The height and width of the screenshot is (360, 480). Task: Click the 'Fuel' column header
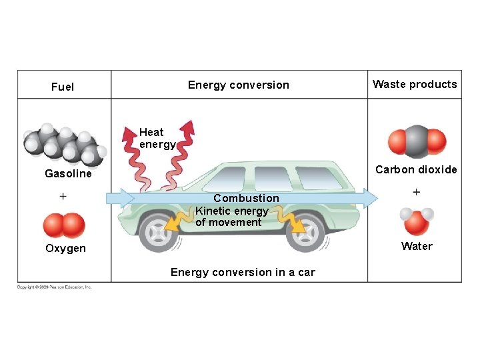click(63, 87)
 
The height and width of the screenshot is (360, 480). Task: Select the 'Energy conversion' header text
click(239, 85)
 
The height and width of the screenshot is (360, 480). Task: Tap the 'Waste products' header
click(415, 84)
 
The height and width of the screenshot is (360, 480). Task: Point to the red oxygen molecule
click(64, 225)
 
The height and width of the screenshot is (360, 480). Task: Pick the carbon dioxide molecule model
click(417, 141)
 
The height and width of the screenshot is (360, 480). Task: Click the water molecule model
click(417, 221)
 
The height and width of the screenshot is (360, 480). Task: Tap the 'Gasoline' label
click(68, 173)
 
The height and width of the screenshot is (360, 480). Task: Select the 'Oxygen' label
click(65, 248)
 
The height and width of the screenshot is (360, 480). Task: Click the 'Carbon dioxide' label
click(416, 169)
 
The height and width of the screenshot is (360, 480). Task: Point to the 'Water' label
click(417, 246)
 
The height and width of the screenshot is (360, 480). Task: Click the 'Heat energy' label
click(157, 138)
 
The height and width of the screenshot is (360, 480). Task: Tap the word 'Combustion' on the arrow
click(246, 198)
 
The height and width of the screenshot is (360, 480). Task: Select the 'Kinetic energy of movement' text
click(231, 217)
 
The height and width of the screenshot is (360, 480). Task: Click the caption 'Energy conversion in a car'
click(243, 272)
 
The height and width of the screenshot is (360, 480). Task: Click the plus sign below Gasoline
click(63, 196)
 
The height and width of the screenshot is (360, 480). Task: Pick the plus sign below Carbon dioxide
click(417, 192)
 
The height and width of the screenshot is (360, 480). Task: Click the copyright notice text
click(55, 287)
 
